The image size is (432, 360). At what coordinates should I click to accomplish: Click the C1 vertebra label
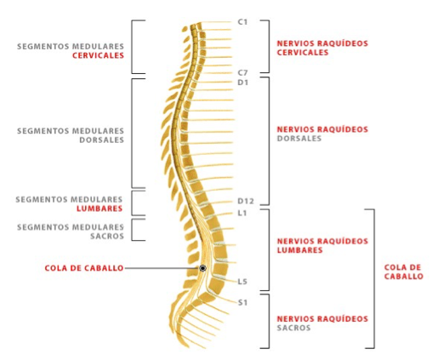(242, 22)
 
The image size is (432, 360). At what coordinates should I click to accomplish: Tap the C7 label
(242, 73)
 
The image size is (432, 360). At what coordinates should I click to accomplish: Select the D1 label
(242, 83)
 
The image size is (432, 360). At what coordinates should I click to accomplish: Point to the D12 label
(246, 201)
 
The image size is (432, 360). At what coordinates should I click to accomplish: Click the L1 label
(242, 213)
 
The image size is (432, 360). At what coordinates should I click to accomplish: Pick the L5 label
(242, 282)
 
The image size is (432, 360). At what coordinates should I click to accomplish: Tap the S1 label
(242, 303)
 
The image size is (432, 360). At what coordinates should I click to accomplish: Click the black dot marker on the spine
(202, 268)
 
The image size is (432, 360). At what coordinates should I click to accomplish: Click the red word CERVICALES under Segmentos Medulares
(98, 55)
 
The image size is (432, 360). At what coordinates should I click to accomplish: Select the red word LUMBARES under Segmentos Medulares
(99, 209)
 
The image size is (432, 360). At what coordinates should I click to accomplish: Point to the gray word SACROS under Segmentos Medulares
(107, 236)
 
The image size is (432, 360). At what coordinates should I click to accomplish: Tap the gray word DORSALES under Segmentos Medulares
(102, 140)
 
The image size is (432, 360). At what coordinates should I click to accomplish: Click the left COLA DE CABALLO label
(84, 268)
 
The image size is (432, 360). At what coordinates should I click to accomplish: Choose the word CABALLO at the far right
(404, 277)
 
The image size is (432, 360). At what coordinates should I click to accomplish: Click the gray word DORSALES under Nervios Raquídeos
(299, 139)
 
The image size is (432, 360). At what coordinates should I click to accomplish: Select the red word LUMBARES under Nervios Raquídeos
(299, 250)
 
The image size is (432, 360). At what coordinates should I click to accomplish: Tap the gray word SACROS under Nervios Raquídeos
(293, 328)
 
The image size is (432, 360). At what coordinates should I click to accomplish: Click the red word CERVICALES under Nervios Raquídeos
(303, 53)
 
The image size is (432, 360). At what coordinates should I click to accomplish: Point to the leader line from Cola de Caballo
(162, 268)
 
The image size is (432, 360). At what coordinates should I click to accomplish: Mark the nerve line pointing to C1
(216, 22)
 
